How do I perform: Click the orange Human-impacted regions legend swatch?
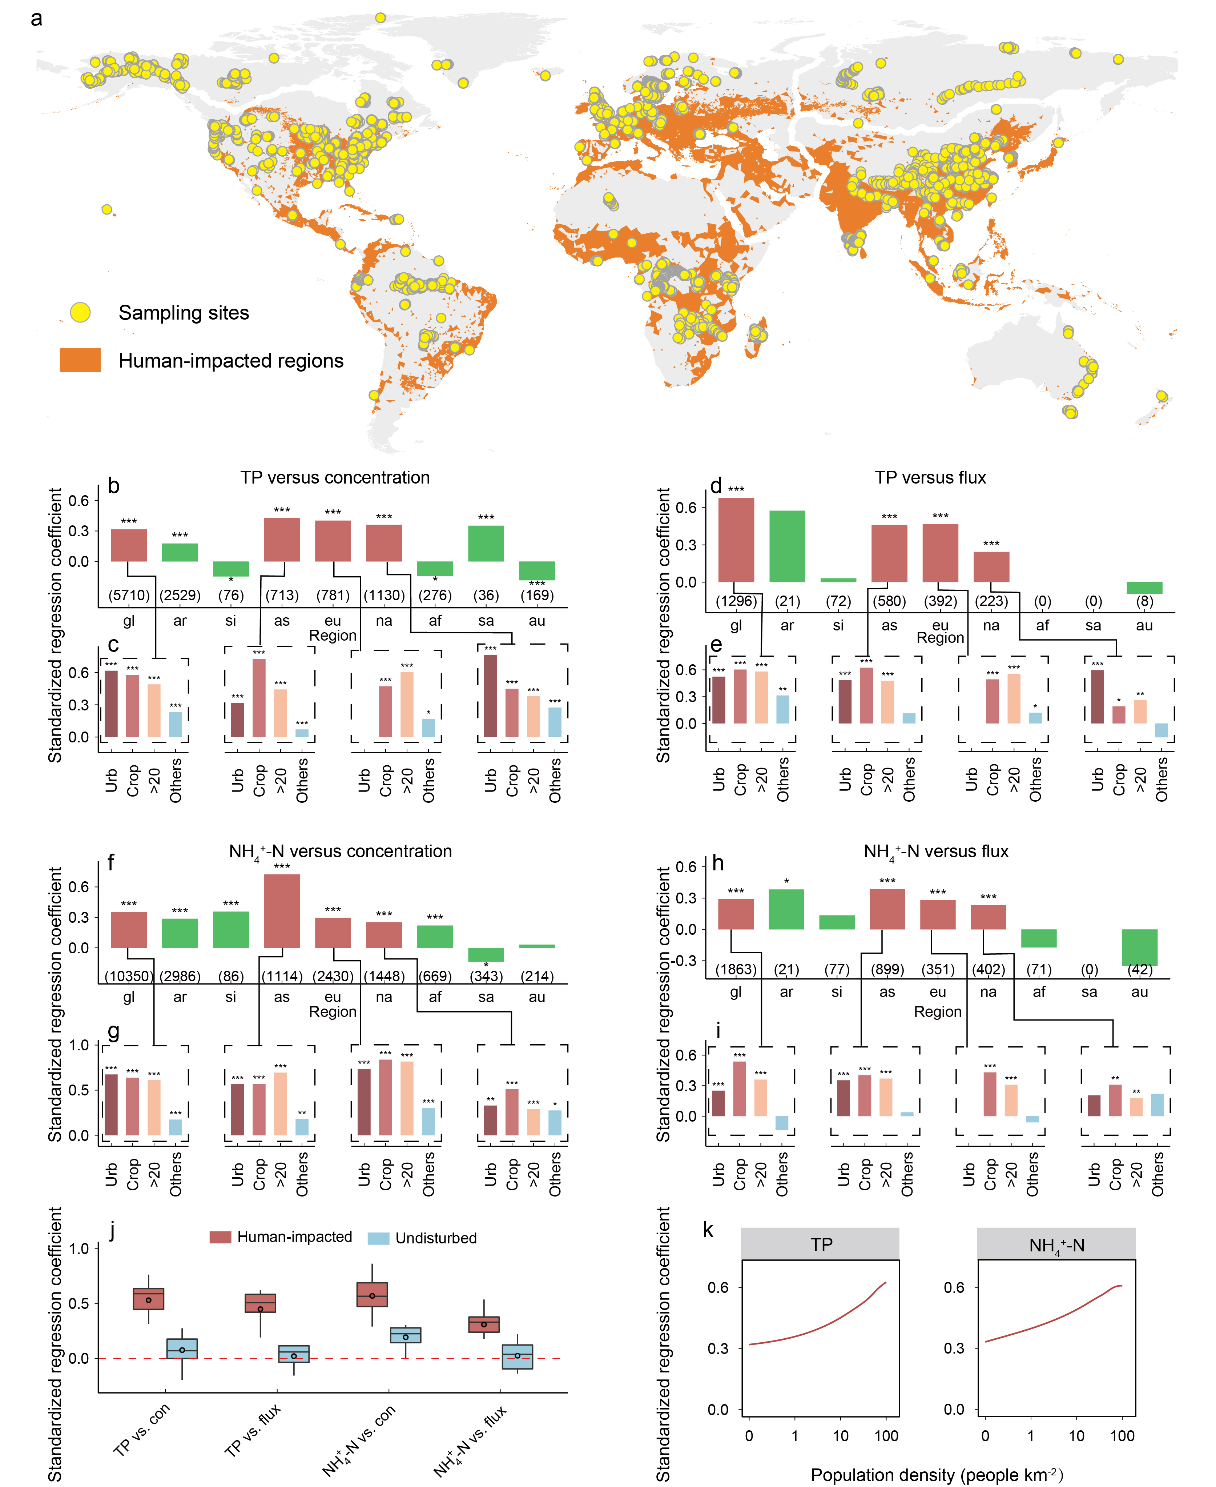[80, 360]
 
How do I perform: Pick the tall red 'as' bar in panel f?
[282, 911]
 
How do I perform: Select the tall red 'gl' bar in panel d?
[736, 540]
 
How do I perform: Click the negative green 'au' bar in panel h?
[1140, 947]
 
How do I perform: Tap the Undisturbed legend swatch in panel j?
[378, 1238]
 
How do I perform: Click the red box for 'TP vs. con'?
[149, 1299]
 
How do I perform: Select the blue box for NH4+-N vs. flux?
[518, 1356]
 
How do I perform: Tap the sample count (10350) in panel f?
[129, 976]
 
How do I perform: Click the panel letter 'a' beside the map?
[36, 18]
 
